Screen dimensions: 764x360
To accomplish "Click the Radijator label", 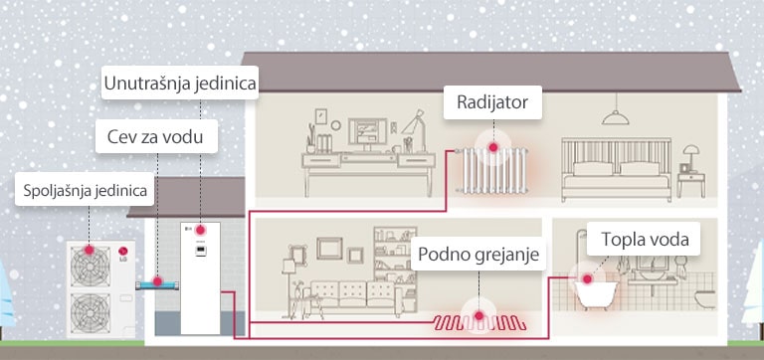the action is [x=491, y=101].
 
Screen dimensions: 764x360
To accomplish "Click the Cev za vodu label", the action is [x=155, y=136].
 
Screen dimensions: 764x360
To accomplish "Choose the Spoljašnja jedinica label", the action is [x=84, y=190].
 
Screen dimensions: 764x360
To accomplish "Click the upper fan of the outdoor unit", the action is [x=90, y=260].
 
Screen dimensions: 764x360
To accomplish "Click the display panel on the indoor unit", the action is [x=201, y=250].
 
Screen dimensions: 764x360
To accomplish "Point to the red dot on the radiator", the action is [x=490, y=146].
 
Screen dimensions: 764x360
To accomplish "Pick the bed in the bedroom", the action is [x=612, y=169].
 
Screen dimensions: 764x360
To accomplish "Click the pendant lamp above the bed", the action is [x=616, y=113].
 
